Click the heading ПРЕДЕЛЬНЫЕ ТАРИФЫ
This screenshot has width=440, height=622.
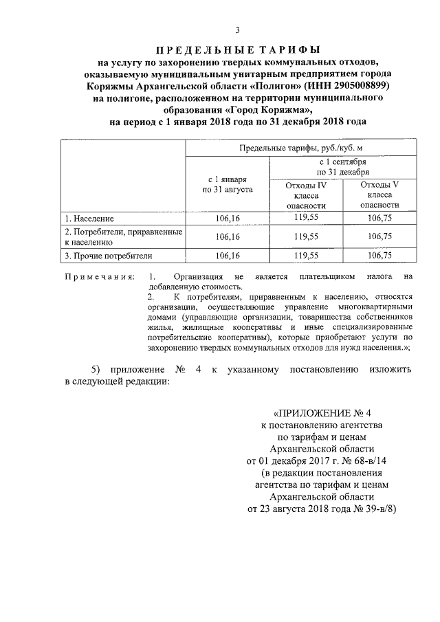click(x=238, y=49)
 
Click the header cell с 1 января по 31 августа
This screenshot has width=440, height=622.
click(x=228, y=182)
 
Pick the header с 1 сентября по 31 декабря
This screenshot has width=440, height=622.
click(x=342, y=166)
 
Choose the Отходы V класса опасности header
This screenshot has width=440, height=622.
click(x=379, y=195)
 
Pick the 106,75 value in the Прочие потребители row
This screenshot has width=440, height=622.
click(x=379, y=256)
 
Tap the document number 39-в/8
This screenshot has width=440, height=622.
click(x=377, y=509)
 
